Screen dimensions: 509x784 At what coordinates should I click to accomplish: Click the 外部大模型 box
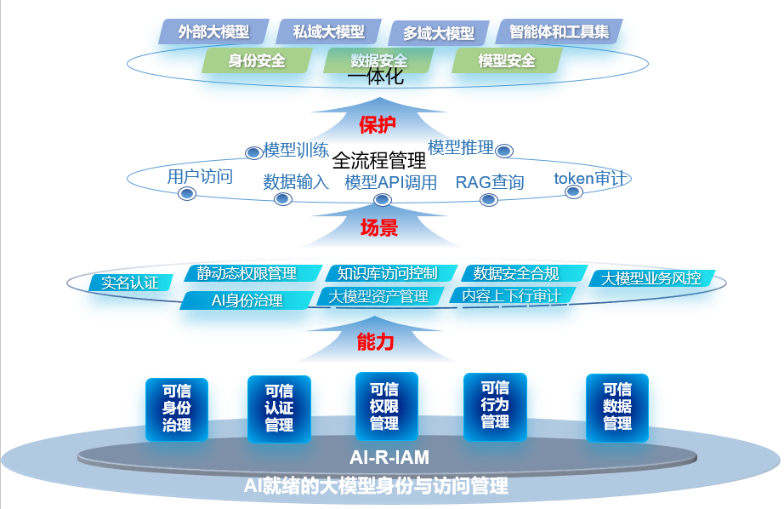pyautogui.click(x=213, y=31)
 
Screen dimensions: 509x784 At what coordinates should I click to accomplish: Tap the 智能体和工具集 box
pyautogui.click(x=559, y=31)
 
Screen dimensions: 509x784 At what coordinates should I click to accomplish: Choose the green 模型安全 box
pyautogui.click(x=507, y=60)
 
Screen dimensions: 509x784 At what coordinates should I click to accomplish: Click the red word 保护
pyautogui.click(x=378, y=125)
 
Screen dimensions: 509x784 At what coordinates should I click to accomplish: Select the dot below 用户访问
pyautogui.click(x=187, y=194)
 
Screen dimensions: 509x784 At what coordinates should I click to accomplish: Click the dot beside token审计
pyautogui.click(x=573, y=192)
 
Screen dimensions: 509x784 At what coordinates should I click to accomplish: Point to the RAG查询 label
pyautogui.click(x=490, y=182)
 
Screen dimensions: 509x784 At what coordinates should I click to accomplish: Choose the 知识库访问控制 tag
pyautogui.click(x=387, y=273)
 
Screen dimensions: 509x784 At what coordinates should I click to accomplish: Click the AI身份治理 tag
pyautogui.click(x=247, y=300)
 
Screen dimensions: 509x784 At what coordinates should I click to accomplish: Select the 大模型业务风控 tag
pyautogui.click(x=650, y=278)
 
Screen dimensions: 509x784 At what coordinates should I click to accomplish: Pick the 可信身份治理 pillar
pyautogui.click(x=176, y=409)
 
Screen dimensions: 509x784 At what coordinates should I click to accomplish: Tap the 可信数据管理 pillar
pyautogui.click(x=617, y=406)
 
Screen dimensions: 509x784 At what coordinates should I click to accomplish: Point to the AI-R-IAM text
pyautogui.click(x=389, y=457)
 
